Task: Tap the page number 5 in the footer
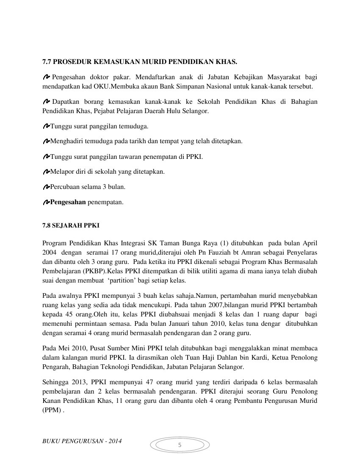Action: (x=180, y=445)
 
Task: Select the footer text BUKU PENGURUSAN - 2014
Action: (x=82, y=441)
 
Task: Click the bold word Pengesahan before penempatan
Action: (x=68, y=202)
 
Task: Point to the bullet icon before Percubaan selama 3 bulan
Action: (x=46, y=186)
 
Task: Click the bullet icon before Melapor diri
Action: (x=46, y=172)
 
